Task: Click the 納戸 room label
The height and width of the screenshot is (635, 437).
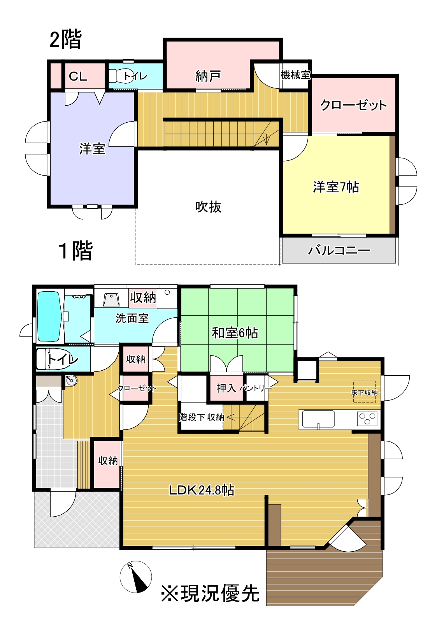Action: (208, 76)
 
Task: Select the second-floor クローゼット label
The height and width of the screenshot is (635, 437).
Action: (353, 105)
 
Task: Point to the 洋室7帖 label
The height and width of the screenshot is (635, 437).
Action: (336, 187)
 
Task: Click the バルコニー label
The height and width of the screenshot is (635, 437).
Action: (339, 250)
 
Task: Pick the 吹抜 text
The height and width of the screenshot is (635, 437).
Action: (208, 206)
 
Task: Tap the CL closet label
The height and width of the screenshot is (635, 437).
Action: (78, 76)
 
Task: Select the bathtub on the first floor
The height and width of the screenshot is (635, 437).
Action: (49, 316)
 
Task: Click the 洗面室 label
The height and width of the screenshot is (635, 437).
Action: (132, 318)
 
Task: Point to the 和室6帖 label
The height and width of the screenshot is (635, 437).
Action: (235, 333)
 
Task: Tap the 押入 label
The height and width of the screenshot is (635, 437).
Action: (226, 388)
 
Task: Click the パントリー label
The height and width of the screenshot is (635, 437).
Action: (256, 388)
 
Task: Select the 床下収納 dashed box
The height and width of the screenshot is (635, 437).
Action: (364, 391)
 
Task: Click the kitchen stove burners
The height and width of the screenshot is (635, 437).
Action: (367, 419)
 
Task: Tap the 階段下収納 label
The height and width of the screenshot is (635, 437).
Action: (201, 417)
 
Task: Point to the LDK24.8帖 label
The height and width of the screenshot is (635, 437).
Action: (201, 490)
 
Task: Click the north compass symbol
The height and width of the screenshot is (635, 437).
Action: (135, 577)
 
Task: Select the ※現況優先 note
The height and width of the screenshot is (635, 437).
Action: (210, 594)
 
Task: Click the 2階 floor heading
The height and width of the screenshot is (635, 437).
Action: (65, 39)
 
